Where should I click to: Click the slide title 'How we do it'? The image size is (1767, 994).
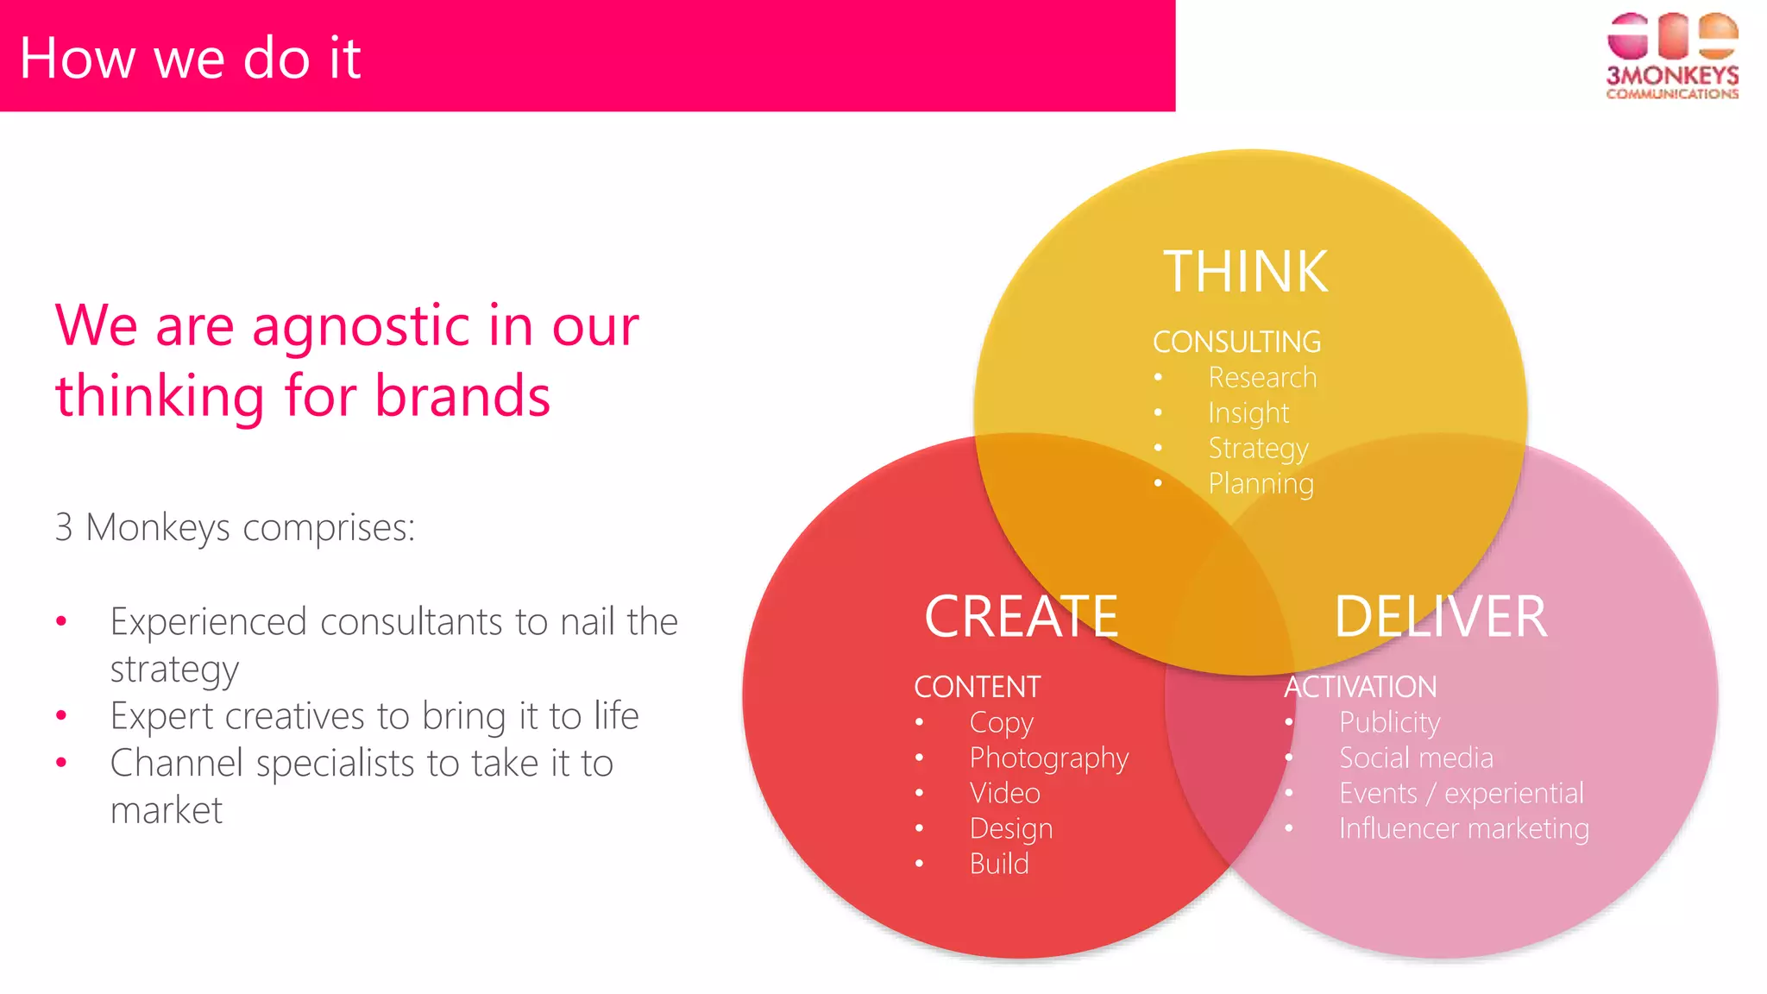[x=190, y=58]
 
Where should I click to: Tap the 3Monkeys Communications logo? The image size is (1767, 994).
[x=1671, y=56]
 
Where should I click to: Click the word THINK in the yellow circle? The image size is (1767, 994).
[x=1245, y=272]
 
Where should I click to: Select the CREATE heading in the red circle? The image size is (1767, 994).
[x=1021, y=617]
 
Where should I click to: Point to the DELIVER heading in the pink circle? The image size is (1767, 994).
[x=1440, y=617]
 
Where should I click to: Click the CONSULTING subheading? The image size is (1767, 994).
[x=1236, y=342]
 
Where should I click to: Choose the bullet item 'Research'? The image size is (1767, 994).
[x=1261, y=377]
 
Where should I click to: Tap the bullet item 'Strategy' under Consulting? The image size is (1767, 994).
[x=1258, y=448]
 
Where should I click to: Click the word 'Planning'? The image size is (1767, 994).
[x=1261, y=483]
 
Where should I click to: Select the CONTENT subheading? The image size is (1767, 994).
[x=977, y=687]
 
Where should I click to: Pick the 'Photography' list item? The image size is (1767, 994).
[x=1048, y=758]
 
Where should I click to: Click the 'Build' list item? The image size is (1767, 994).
[x=998, y=864]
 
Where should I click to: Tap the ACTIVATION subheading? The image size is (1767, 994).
[x=1360, y=687]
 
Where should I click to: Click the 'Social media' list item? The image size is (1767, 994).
[x=1415, y=758]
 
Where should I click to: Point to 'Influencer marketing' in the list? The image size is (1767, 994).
[x=1463, y=828]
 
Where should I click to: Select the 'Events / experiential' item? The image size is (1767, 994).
[x=1461, y=793]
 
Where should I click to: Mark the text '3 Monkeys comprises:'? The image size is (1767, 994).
[x=235, y=527]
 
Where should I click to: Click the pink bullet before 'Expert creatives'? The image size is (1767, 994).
[x=61, y=715]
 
